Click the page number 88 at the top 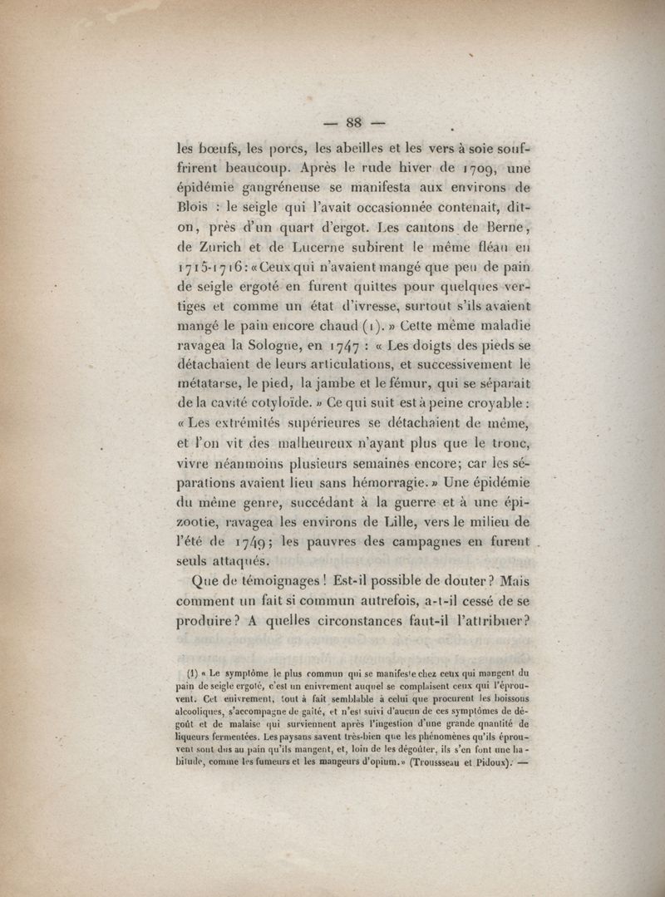click(x=355, y=124)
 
